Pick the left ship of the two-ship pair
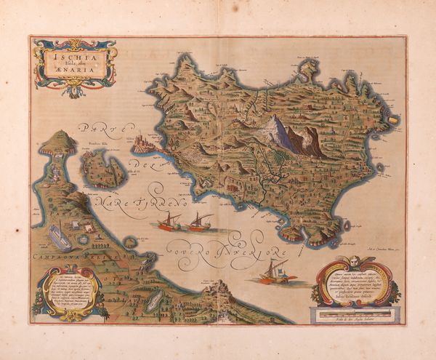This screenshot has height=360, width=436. pos(169,221)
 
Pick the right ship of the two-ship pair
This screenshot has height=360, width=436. pos(199,222)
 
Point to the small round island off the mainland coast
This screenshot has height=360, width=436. pos(130,241)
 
